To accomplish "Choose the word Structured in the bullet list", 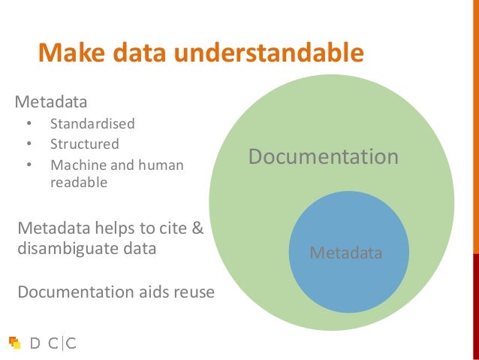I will [x=85, y=144].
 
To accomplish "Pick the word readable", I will [x=79, y=182].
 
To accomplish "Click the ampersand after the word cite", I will [x=197, y=228].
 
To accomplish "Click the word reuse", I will [x=193, y=292].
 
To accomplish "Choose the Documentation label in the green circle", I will [x=323, y=157].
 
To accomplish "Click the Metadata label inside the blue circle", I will [x=346, y=253].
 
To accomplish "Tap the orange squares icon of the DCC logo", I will [x=15, y=343].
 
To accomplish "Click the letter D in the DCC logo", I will [x=35, y=343].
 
